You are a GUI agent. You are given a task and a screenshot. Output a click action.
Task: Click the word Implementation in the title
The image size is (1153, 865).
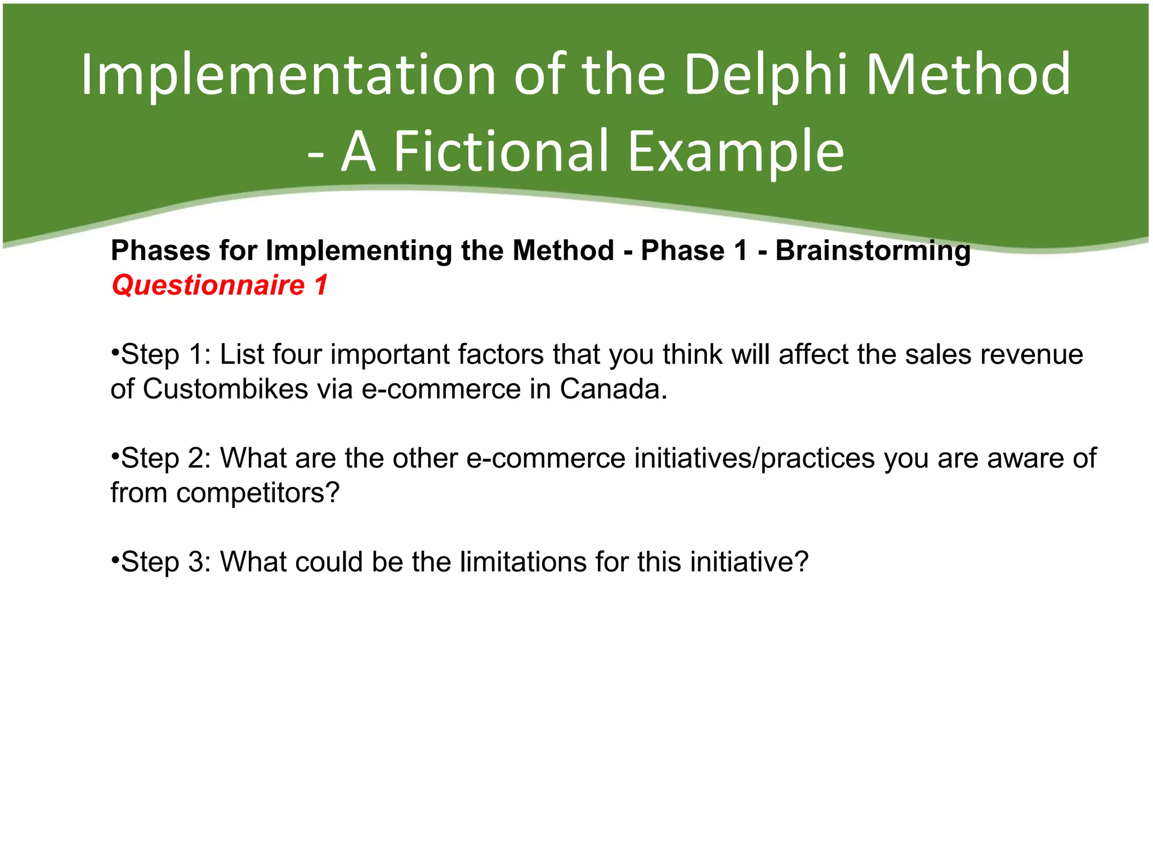[x=288, y=75]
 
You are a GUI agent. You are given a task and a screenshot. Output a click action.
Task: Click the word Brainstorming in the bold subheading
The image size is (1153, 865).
[x=873, y=251]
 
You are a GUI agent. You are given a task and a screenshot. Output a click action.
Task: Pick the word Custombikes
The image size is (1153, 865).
[x=225, y=389]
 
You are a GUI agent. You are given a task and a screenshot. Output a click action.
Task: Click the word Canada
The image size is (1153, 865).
[x=613, y=389]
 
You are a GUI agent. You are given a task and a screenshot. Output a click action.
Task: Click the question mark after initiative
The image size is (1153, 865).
[x=801, y=562]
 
